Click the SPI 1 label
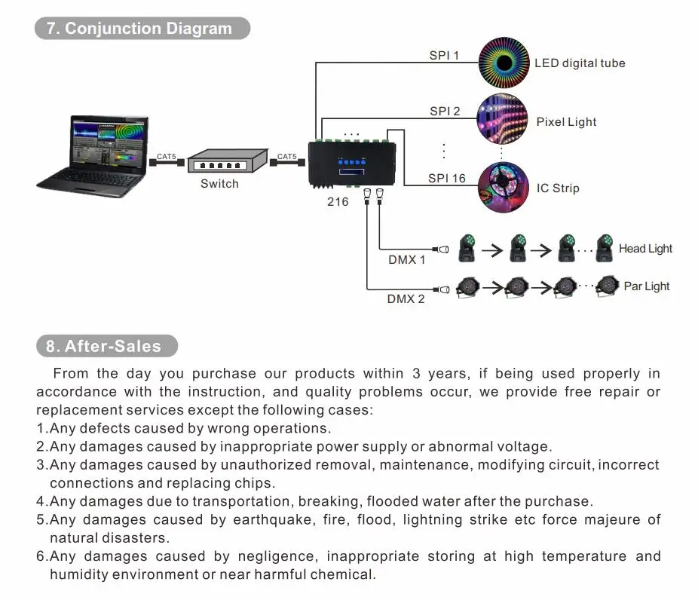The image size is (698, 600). point(444,55)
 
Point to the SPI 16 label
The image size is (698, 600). point(447,179)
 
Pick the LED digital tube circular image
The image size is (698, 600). point(503,63)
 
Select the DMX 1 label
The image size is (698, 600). point(407,260)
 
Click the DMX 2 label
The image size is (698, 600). point(406,299)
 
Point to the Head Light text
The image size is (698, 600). point(645,249)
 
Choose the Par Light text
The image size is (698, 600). point(647,286)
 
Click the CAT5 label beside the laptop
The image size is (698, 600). point(167,157)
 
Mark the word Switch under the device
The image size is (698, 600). point(219,184)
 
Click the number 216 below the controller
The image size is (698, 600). point(338,202)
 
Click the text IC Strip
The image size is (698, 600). point(558,188)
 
